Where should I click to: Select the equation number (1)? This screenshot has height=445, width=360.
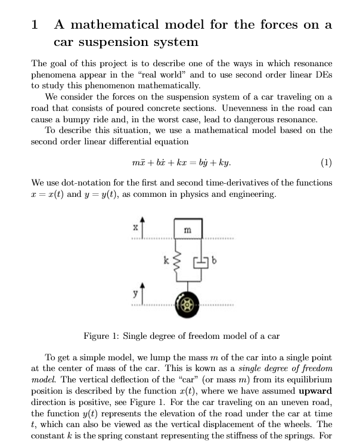click(x=325, y=162)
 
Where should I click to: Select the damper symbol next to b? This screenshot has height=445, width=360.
click(x=199, y=261)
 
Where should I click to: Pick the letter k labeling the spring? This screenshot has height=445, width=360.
click(x=167, y=260)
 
